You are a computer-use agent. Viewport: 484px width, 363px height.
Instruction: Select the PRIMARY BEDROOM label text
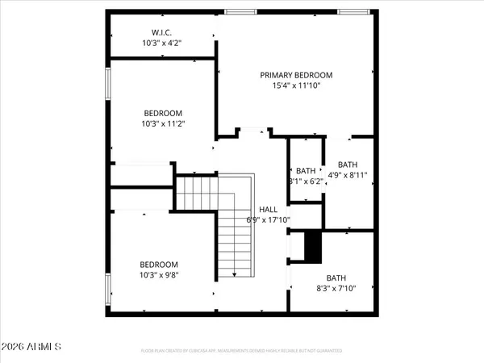296,75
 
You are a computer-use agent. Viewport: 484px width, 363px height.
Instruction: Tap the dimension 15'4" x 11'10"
296,86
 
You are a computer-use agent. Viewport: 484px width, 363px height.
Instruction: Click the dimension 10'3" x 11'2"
163,124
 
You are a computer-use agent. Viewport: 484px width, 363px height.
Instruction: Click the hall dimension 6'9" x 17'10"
268,219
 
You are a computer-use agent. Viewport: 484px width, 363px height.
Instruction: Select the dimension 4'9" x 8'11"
348,174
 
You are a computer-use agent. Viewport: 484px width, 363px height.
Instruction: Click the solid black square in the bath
312,246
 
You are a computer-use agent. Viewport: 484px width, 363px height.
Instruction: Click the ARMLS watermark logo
33,347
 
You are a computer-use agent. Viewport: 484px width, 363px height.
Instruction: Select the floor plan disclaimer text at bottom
242,351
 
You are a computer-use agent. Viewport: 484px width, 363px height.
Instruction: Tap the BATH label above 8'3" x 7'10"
336,276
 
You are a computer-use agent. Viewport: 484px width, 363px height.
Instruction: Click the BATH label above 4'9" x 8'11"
348,164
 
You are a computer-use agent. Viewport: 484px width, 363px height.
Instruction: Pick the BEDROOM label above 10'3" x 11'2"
163,113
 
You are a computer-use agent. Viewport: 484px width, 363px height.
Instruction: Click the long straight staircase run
233,242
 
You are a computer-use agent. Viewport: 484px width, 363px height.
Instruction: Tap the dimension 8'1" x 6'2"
306,181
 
